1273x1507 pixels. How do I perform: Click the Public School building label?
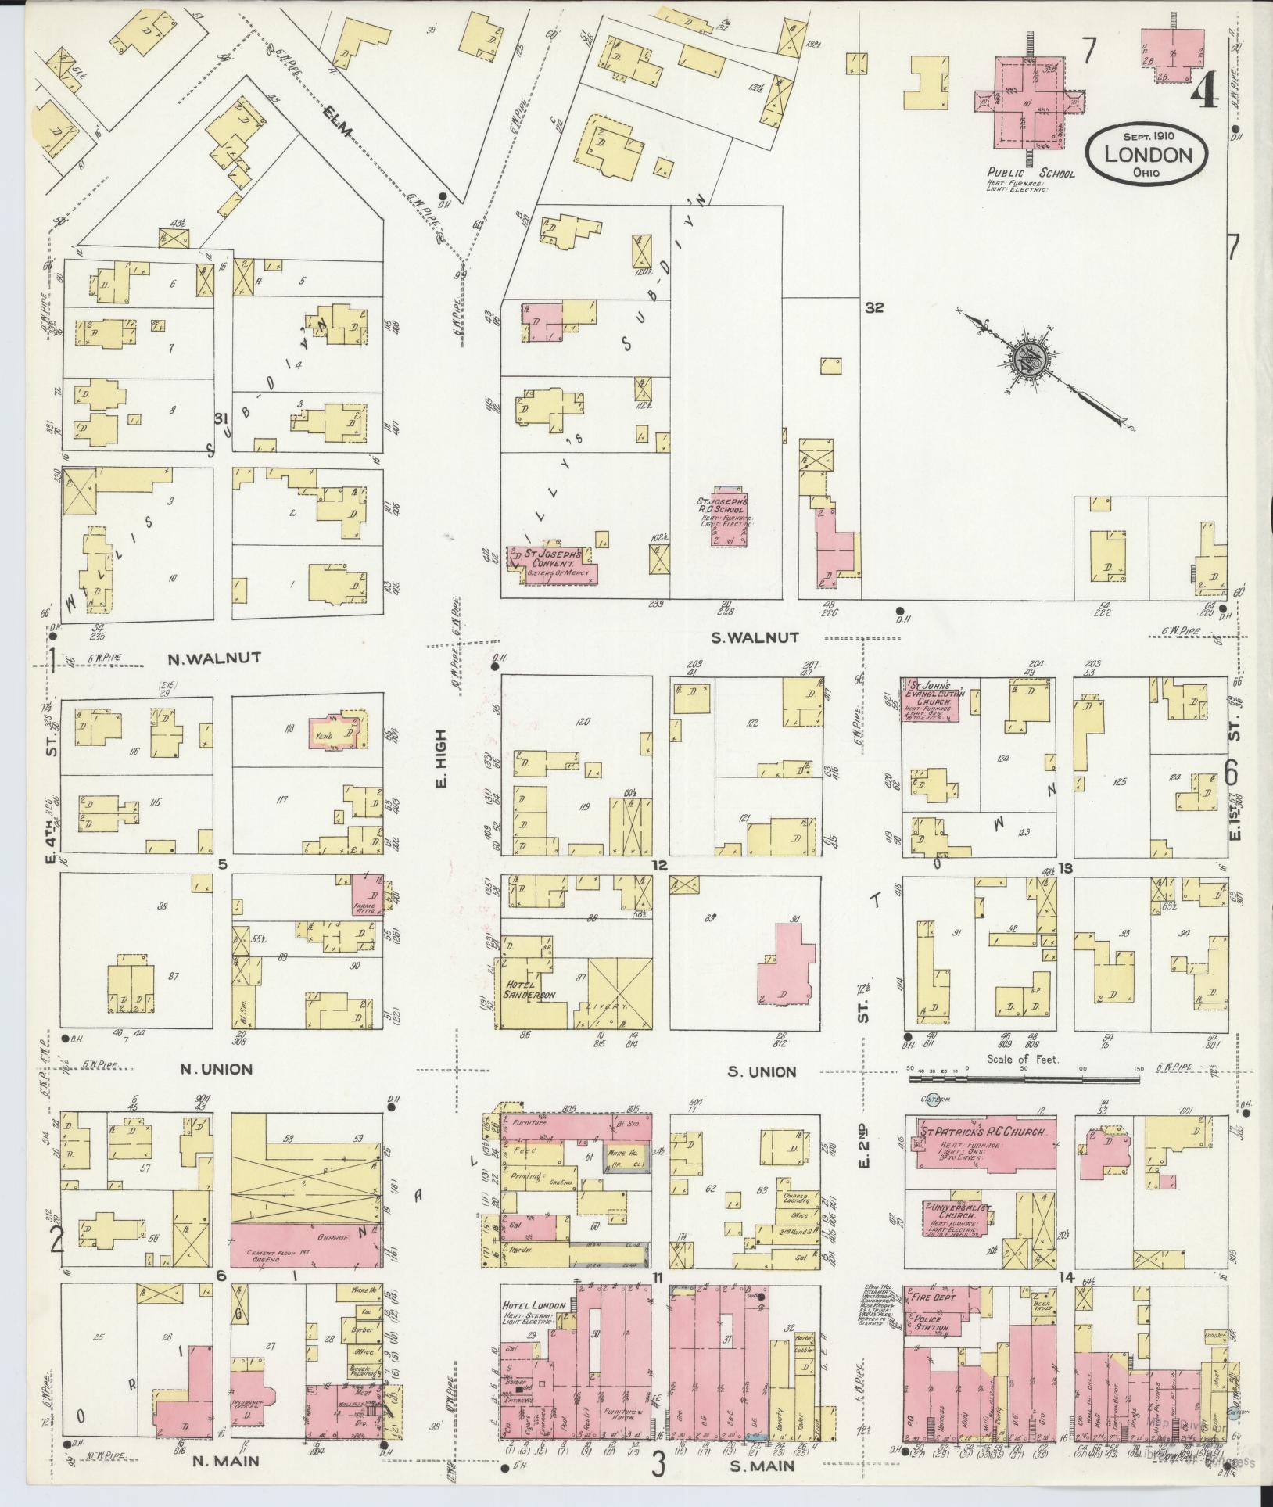pyautogui.click(x=1031, y=173)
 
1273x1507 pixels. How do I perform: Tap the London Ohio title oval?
pyautogui.click(x=1147, y=154)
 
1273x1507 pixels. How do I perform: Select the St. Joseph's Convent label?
pyautogui.click(x=553, y=562)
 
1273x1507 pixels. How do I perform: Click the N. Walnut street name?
pyautogui.click(x=213, y=658)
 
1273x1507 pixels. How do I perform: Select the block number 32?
pyautogui.click(x=873, y=308)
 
